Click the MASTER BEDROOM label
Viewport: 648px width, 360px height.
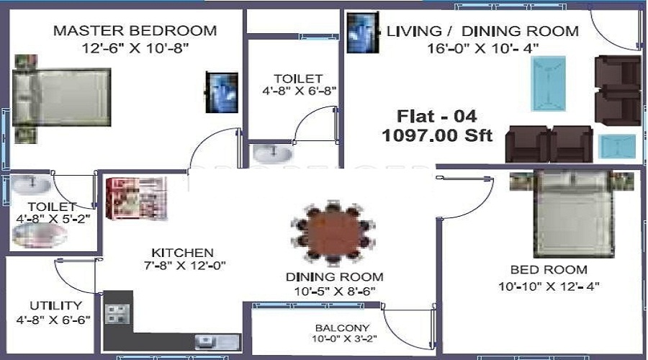(135, 30)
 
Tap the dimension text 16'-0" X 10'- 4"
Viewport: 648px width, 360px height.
(482, 48)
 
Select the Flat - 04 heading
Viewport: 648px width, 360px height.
(437, 116)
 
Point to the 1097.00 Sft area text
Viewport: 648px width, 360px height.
(437, 135)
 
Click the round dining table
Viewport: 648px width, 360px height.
(333, 233)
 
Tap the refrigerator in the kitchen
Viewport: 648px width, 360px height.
(136, 199)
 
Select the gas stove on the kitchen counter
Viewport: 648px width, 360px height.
(117, 314)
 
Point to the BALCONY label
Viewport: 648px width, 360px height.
(342, 328)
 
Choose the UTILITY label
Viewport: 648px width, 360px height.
(55, 305)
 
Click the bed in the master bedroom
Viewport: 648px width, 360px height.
(62, 97)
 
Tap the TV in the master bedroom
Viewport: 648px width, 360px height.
(222, 92)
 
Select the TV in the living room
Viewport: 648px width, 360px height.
(363, 33)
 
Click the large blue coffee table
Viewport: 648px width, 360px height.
(548, 84)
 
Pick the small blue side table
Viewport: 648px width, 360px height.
(617, 147)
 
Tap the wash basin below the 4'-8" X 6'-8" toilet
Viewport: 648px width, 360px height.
(273, 154)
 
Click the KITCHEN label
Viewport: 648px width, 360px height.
(182, 253)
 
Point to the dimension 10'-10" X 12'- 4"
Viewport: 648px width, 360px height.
(549, 286)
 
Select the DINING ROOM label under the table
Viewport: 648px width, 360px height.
(334, 276)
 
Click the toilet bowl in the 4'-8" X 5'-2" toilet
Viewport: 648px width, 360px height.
(40, 236)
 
